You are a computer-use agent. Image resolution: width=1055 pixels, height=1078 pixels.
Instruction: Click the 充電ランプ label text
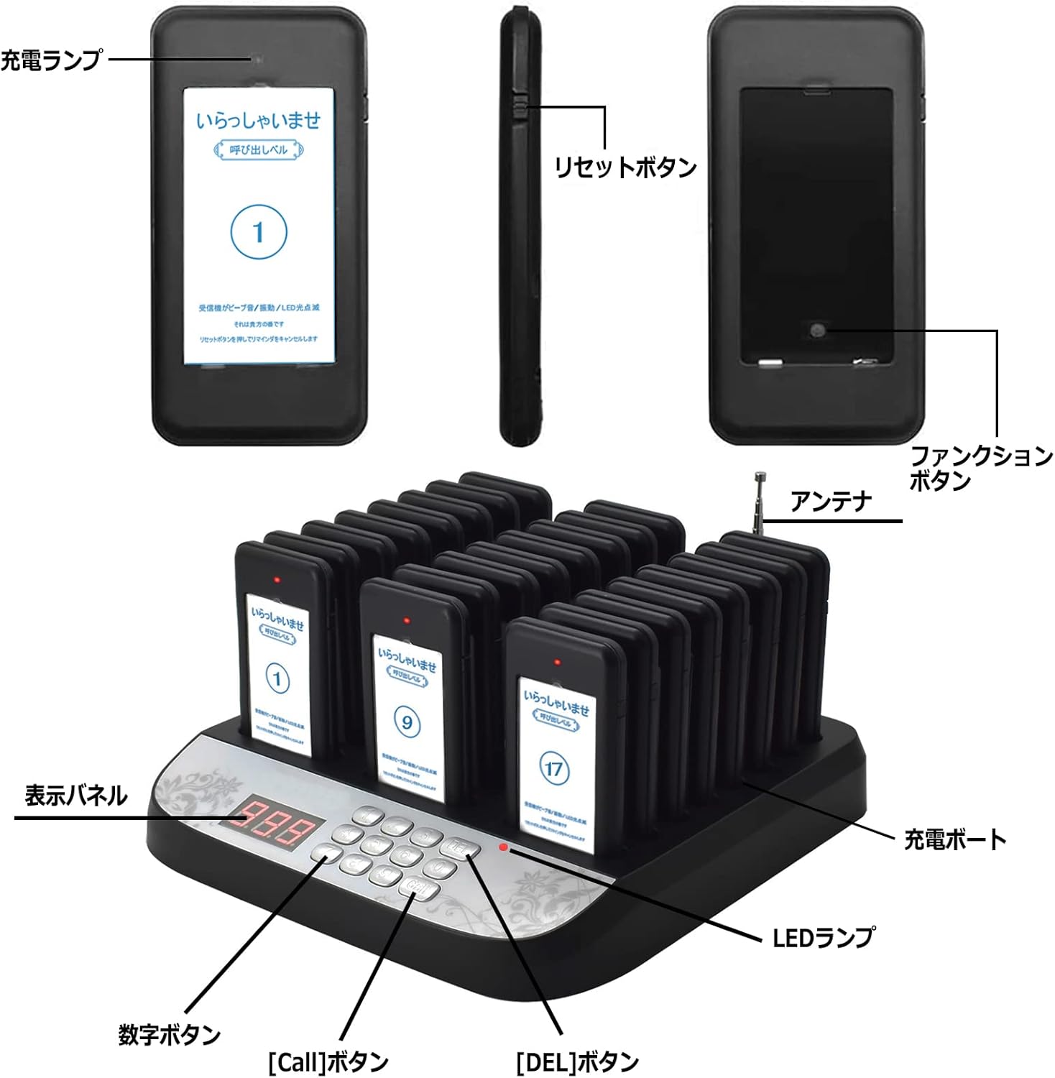coord(50,59)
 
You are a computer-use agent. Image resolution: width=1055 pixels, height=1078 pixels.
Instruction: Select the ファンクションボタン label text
coord(980,468)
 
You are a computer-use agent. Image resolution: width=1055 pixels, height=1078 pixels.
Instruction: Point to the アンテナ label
coord(830,501)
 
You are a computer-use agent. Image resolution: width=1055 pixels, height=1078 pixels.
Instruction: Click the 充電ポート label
coord(954,839)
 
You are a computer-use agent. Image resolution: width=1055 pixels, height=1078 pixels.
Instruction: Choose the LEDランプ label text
coord(824,937)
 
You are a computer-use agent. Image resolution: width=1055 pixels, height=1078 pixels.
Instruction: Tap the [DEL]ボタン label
coord(577,1061)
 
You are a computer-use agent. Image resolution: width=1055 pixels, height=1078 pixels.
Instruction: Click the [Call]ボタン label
coord(328,1061)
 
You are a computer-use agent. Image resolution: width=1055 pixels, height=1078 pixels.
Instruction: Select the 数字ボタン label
coord(169,1035)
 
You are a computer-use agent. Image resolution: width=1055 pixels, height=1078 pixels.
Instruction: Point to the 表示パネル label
coord(75,796)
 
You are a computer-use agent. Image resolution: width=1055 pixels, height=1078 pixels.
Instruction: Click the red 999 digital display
coord(272,831)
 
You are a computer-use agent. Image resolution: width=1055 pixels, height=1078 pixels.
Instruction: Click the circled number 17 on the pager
coord(553,769)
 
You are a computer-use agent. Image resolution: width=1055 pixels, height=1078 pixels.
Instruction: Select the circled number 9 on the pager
coord(407,721)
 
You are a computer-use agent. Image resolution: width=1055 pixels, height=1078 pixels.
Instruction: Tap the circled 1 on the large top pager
coord(259,232)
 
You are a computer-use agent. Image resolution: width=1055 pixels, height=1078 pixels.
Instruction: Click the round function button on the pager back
coord(817,330)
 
